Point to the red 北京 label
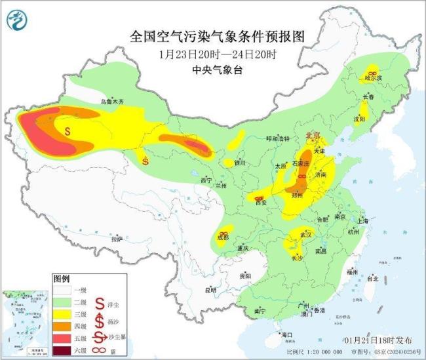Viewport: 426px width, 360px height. point(313,135)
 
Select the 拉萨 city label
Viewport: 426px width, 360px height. point(117,239)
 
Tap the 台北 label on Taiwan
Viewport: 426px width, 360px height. point(373,278)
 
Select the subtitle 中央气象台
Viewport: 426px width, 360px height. point(213,70)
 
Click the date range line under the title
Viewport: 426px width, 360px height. point(213,54)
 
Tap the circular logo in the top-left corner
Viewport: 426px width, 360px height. point(17,21)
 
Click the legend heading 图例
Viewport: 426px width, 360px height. point(62,278)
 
